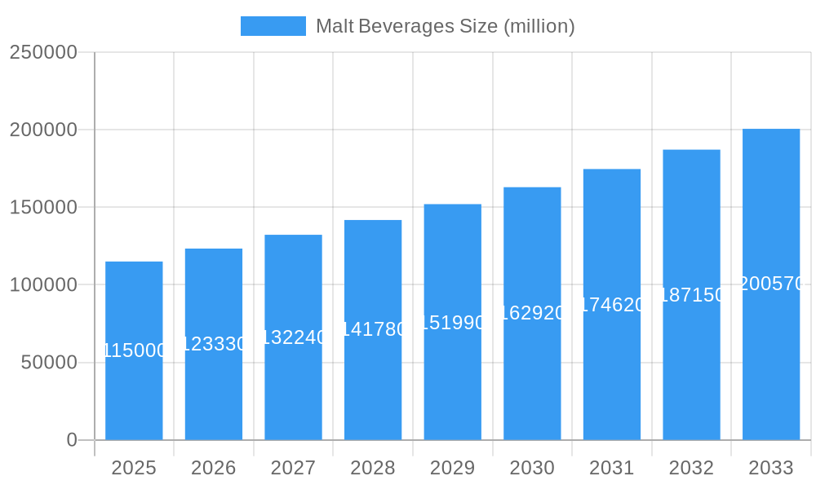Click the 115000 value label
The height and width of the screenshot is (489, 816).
point(134,350)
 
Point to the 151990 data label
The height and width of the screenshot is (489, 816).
point(453,323)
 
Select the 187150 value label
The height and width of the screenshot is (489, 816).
point(691,295)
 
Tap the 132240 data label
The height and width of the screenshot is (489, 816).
point(293,337)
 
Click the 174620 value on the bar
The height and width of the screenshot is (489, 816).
point(612,305)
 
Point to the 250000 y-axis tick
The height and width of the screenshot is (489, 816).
point(43,52)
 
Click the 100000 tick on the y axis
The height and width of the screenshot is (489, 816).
point(43,285)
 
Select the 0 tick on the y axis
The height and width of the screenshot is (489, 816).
point(72,440)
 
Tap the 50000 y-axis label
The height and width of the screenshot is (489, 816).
point(49,363)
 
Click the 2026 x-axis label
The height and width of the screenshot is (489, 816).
point(214,468)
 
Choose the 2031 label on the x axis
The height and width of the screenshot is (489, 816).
point(612,468)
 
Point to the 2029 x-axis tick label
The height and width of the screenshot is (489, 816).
point(453,468)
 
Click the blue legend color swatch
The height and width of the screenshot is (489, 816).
point(273,26)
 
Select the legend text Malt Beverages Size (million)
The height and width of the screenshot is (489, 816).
point(445,26)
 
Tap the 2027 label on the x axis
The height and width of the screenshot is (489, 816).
point(293,468)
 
